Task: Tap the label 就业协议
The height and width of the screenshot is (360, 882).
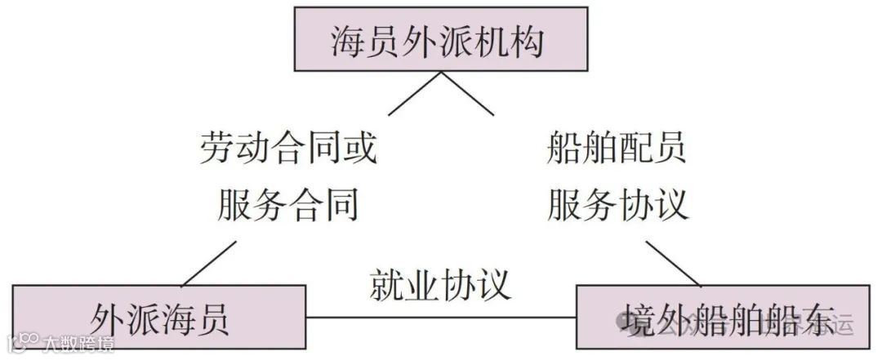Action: [x=441, y=284]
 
